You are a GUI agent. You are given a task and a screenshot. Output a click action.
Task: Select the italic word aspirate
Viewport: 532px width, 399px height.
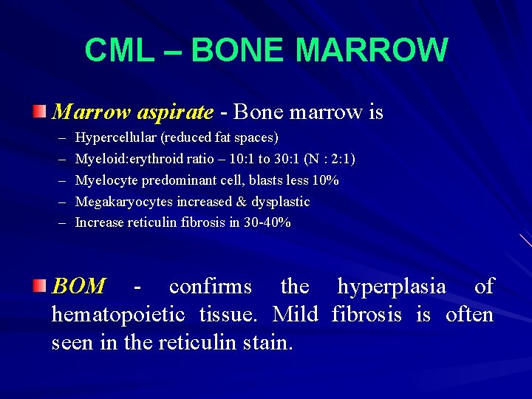click(174, 112)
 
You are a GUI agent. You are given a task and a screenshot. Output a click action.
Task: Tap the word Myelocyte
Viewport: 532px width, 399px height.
click(104, 180)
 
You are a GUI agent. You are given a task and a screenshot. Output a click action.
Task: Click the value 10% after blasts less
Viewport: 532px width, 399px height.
click(326, 180)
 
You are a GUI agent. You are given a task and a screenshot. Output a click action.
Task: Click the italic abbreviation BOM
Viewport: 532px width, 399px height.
click(78, 287)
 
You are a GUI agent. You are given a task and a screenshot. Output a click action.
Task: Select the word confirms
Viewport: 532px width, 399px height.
click(210, 287)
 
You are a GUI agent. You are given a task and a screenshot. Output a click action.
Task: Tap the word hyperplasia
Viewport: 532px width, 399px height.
click(392, 287)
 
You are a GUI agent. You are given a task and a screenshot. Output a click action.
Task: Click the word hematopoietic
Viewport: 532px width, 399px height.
click(118, 315)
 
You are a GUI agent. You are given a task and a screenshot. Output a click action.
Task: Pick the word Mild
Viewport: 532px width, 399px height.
click(295, 315)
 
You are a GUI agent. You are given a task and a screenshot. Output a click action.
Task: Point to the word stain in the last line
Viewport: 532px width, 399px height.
click(269, 343)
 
